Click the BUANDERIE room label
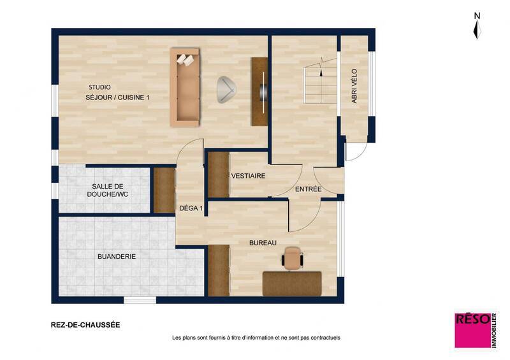pos(117,256)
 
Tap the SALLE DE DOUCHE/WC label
pos(107,189)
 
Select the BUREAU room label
pos(262,243)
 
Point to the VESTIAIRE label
pos(248,176)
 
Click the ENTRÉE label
pos(308,190)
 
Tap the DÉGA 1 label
pos(191,208)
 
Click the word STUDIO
pos(99,87)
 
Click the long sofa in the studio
pos(187,87)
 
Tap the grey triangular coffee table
pos(226,89)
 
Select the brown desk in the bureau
pos(292,282)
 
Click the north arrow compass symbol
pos(476,27)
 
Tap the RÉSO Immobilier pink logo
pos(472,329)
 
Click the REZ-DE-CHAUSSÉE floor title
pos(85,324)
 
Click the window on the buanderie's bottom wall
pos(140,299)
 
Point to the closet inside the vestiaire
pos(219,175)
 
